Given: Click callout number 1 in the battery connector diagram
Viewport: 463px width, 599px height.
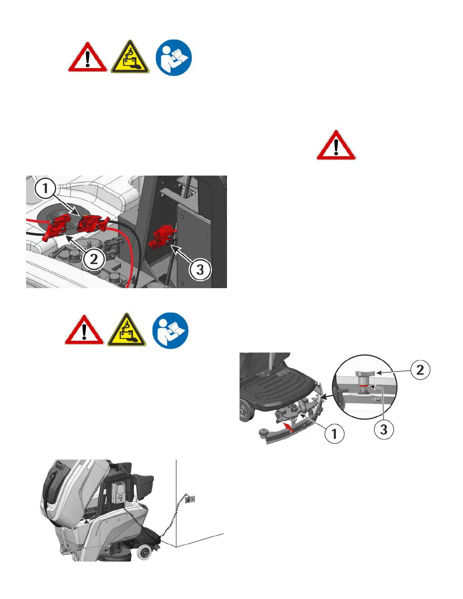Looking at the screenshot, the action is (45, 188).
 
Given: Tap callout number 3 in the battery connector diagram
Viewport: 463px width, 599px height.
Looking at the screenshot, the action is (200, 269).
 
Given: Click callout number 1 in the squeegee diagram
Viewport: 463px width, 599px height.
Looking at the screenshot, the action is (334, 434).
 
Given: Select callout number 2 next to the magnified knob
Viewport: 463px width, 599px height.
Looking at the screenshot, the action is (420, 370).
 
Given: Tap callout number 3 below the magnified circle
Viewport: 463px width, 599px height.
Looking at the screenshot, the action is (384, 430).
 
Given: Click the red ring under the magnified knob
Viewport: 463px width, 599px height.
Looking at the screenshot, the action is (363, 386).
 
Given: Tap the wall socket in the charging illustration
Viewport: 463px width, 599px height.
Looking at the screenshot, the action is (190, 499).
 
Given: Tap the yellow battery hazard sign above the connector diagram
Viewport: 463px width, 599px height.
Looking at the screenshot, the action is (130, 57).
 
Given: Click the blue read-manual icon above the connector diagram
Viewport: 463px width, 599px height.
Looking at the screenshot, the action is (174, 57).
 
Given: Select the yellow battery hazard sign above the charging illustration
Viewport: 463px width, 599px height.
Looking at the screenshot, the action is (127, 330).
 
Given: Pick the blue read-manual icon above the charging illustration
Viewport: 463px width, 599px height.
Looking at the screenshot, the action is (171, 330).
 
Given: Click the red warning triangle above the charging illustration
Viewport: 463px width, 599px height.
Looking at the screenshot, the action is (84, 330).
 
